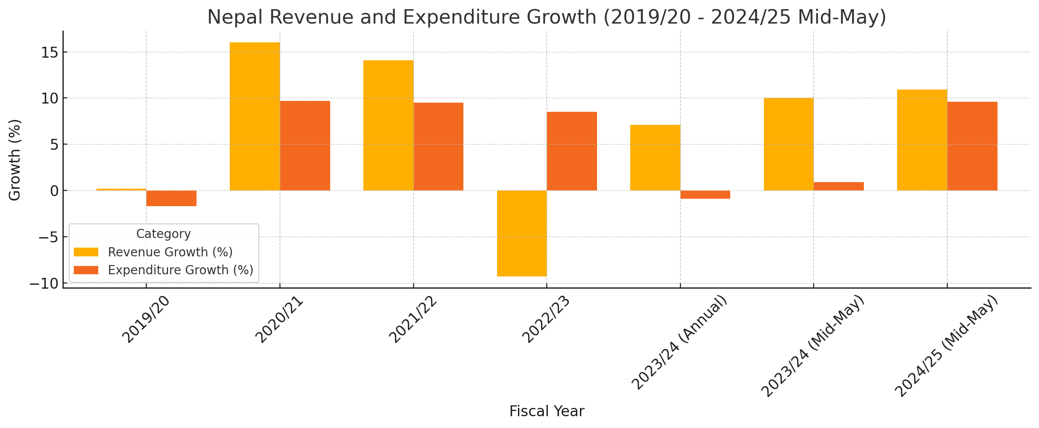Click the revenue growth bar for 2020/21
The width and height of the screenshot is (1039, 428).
point(255,117)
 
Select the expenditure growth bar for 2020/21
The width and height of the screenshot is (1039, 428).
point(305,146)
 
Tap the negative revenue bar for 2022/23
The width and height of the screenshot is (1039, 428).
point(521,233)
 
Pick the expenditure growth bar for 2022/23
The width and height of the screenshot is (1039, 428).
point(572,151)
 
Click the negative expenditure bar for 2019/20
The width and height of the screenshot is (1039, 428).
point(171,198)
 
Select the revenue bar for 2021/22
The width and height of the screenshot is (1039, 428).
point(388,125)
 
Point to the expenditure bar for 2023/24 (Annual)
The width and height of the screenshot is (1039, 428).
point(705,195)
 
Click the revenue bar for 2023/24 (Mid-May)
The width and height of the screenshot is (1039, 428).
point(788,144)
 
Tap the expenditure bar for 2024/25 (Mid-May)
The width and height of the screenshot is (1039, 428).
point(972,146)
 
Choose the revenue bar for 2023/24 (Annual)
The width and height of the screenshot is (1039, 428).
point(655,158)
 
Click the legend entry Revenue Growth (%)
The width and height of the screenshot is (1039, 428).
point(170,252)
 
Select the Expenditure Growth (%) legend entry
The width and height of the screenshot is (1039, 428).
point(180,270)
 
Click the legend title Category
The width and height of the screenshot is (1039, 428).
point(163,234)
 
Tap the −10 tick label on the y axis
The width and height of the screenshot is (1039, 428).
point(44,284)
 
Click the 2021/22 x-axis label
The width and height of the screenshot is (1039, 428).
point(413,320)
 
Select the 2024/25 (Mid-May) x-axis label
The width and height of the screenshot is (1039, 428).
point(946,346)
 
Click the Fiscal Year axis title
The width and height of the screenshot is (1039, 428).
point(546,411)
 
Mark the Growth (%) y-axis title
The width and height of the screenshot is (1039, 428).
point(15,160)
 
